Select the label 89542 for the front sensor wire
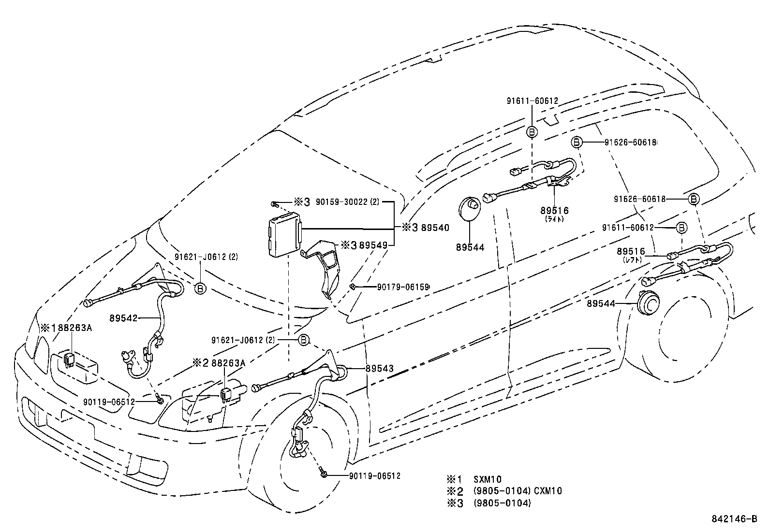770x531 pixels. pyautogui.click(x=123, y=318)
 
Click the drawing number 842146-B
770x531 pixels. pyautogui.click(x=734, y=519)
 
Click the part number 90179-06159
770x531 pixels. pyautogui.click(x=403, y=287)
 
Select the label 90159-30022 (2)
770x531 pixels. pyautogui.click(x=347, y=202)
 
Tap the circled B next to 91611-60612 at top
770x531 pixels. pyautogui.click(x=532, y=131)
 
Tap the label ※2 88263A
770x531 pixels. pyautogui.click(x=218, y=362)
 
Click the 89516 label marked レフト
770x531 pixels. pyautogui.click(x=631, y=252)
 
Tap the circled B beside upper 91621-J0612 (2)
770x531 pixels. pyautogui.click(x=201, y=288)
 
